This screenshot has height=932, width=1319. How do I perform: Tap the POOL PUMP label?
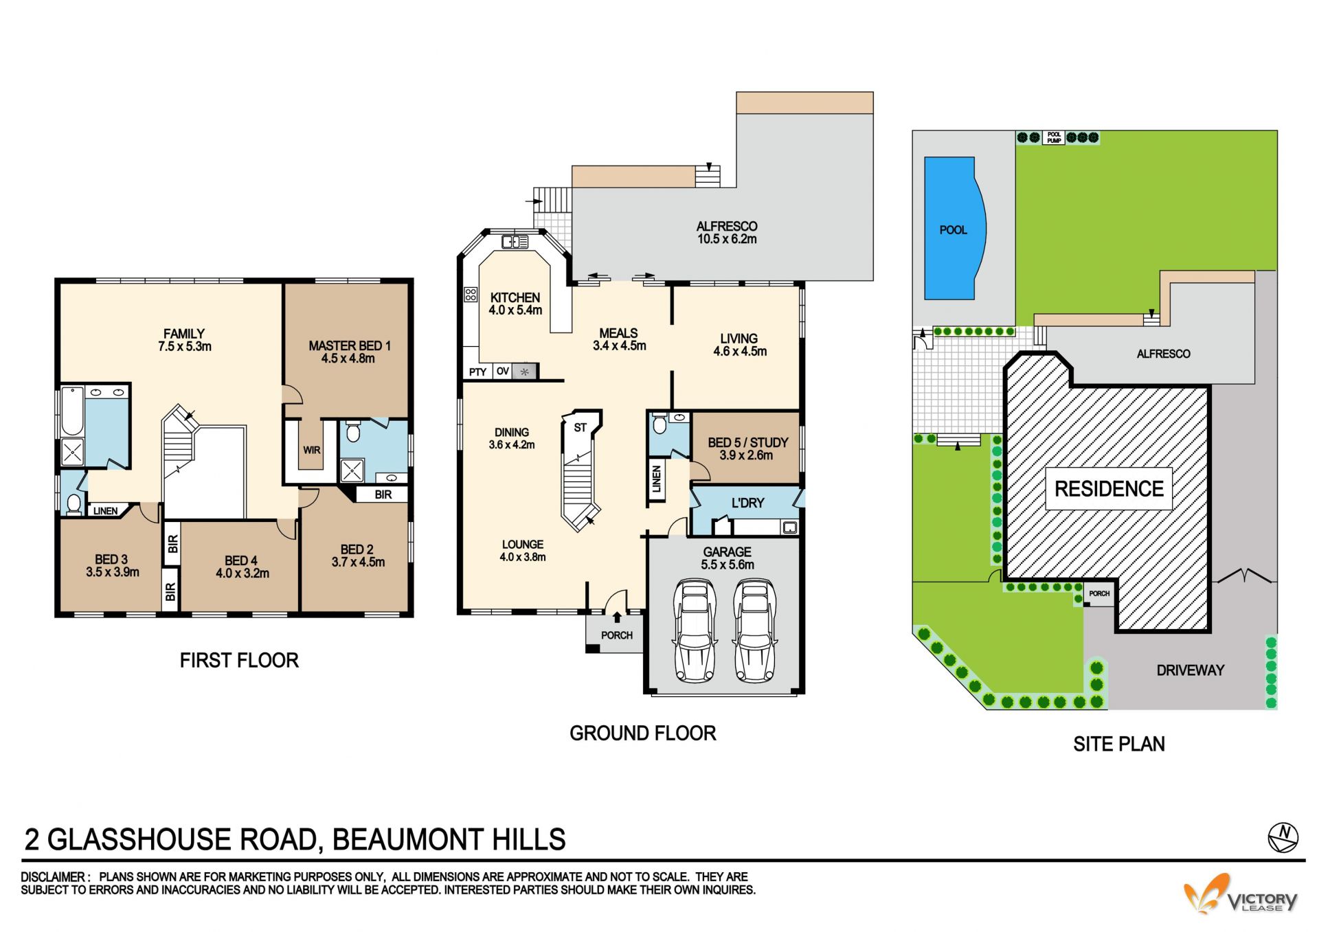point(1054,137)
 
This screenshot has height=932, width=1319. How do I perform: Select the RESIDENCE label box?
point(1109,489)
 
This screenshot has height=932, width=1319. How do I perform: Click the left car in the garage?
point(696,630)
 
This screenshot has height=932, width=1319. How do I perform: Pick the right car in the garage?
point(755,630)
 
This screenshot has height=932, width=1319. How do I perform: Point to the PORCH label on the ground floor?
point(617,635)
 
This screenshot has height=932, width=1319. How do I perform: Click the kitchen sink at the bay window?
point(515,241)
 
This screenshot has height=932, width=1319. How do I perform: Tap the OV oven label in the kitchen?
point(503,371)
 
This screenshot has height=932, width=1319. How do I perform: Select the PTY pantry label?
point(477,372)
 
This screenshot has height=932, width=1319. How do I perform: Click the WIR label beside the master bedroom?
point(312,451)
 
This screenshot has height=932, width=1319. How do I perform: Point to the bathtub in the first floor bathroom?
point(72,411)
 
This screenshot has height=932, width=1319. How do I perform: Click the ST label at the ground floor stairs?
point(580,427)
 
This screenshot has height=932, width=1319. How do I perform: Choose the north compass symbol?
point(1283,837)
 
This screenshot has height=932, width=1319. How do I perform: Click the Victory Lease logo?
point(1241,894)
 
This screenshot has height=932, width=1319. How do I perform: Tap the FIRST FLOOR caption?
point(239,661)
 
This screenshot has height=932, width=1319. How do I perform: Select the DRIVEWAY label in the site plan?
point(1191,670)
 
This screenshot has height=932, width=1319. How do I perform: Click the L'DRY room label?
point(747,503)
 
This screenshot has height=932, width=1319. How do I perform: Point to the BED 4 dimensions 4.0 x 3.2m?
point(243,573)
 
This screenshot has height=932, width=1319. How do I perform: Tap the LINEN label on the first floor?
point(105,511)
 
